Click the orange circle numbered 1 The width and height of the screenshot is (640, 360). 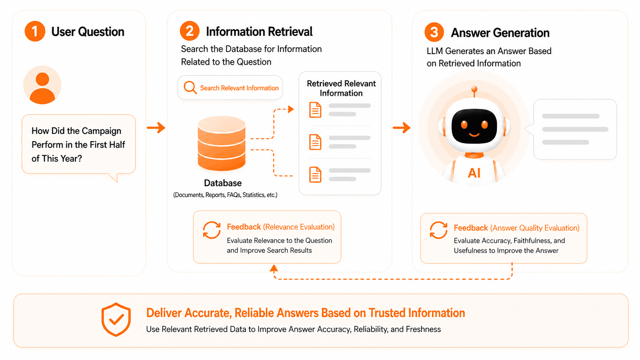point(35,31)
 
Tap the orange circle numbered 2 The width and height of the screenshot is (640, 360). point(190,31)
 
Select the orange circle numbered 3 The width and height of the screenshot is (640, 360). point(434,32)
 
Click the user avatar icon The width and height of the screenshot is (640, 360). point(42,85)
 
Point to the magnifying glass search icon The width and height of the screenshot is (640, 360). point(190,87)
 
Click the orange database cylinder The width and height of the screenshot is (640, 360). point(221,143)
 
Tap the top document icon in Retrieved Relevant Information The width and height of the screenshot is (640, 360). point(315,110)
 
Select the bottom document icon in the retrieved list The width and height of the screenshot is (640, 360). point(315,174)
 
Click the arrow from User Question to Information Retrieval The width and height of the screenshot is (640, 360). point(156,127)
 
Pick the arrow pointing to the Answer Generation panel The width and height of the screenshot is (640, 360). point(402,128)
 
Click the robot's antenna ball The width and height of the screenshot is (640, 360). point(474,89)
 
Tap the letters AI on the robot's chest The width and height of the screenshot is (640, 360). point(474,173)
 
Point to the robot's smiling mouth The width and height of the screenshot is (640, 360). point(474,134)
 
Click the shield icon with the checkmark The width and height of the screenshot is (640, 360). point(116,319)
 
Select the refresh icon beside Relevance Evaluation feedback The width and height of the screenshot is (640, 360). point(212,230)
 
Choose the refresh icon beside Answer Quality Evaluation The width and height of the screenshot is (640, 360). point(439,230)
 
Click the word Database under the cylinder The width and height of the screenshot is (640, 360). point(223,183)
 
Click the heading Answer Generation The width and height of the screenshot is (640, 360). point(500,33)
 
